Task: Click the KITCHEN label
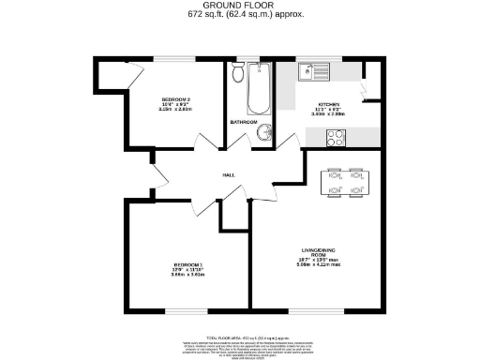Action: [x=328, y=104]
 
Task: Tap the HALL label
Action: [x=228, y=175]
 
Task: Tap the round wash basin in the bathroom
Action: [x=265, y=132]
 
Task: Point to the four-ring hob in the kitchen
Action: [x=336, y=137]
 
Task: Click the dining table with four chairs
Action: [x=343, y=182]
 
